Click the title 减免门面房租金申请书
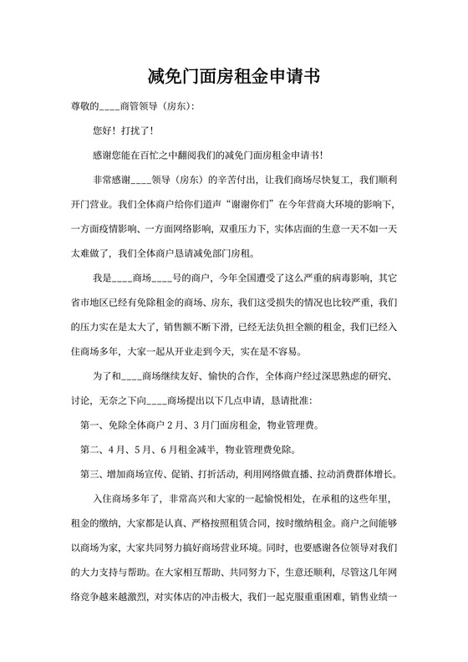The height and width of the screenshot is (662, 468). tap(234, 77)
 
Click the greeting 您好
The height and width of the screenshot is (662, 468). tap(104, 131)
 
